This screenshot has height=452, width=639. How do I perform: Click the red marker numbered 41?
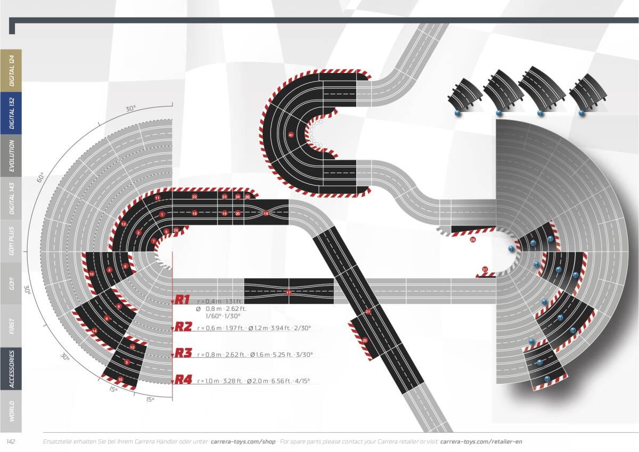(x=291, y=135)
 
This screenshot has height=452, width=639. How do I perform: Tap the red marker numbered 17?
(x=289, y=293)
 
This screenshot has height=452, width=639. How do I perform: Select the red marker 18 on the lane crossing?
(x=266, y=213)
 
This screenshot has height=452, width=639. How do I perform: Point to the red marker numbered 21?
(x=368, y=311)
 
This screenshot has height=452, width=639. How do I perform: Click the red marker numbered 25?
(x=365, y=340)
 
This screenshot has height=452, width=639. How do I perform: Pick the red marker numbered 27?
(x=485, y=270)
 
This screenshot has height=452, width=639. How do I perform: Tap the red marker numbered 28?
(x=473, y=240)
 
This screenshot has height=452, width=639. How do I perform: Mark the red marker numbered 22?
(x=195, y=197)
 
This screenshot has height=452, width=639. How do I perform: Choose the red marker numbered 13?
(x=92, y=274)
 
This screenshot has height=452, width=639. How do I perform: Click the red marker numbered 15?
(x=120, y=380)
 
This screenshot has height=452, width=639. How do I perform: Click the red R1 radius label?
(x=183, y=300)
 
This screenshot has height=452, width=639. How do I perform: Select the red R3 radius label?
(x=183, y=353)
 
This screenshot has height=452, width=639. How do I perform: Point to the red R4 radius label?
(x=183, y=380)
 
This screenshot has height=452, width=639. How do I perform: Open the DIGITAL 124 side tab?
(x=11, y=71)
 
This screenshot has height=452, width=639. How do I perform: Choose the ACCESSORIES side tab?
(x=11, y=368)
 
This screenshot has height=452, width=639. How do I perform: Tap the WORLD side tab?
(x=11, y=411)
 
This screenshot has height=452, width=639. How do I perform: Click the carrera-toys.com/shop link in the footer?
(x=243, y=441)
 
